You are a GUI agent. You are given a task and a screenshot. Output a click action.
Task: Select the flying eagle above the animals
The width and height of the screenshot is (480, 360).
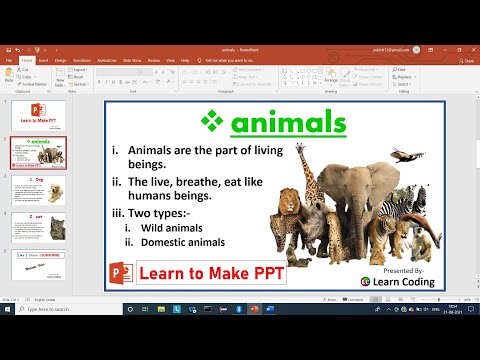[x=403, y=155]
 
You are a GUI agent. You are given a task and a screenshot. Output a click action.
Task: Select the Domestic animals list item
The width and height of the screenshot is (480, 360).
[x=182, y=243]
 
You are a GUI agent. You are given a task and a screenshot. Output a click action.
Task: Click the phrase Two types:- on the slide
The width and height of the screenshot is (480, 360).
[x=165, y=213]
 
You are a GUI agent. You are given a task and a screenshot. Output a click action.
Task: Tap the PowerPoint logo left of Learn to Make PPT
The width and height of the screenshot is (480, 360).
[x=121, y=273]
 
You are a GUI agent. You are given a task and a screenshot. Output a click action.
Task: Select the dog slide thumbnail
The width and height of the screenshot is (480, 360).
[x=39, y=191]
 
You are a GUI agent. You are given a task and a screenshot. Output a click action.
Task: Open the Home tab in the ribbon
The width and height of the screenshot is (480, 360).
[x=29, y=60]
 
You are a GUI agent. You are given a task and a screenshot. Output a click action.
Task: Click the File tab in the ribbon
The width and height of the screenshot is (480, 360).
[x=9, y=60]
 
